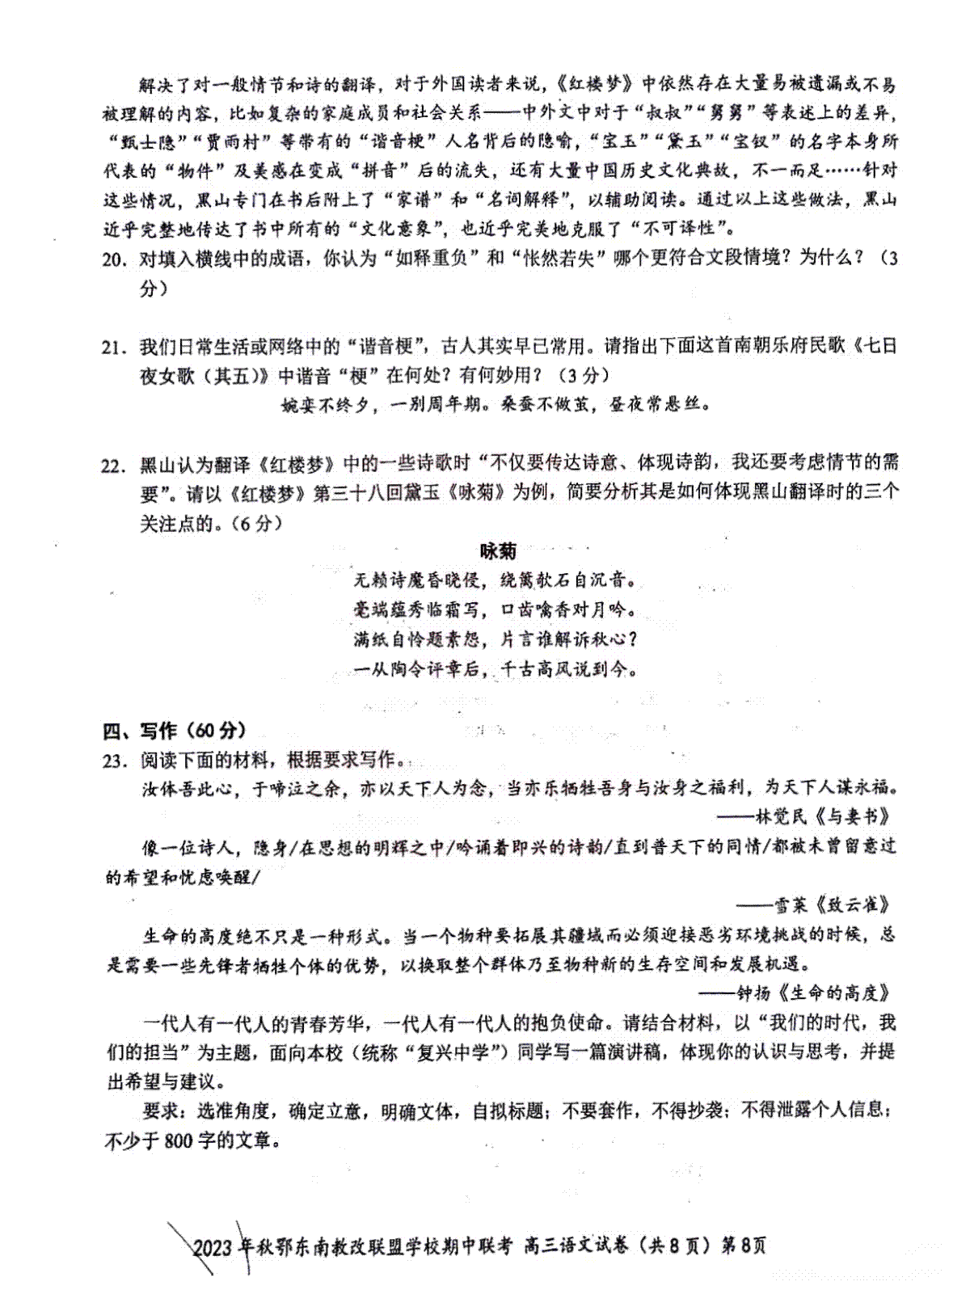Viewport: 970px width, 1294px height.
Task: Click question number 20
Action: click(x=114, y=260)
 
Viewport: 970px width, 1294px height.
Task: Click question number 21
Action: click(x=114, y=348)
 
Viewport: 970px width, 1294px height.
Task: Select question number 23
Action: click(x=114, y=761)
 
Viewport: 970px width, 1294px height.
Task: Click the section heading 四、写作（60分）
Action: click(x=175, y=731)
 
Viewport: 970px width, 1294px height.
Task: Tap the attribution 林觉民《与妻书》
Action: click(x=822, y=816)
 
